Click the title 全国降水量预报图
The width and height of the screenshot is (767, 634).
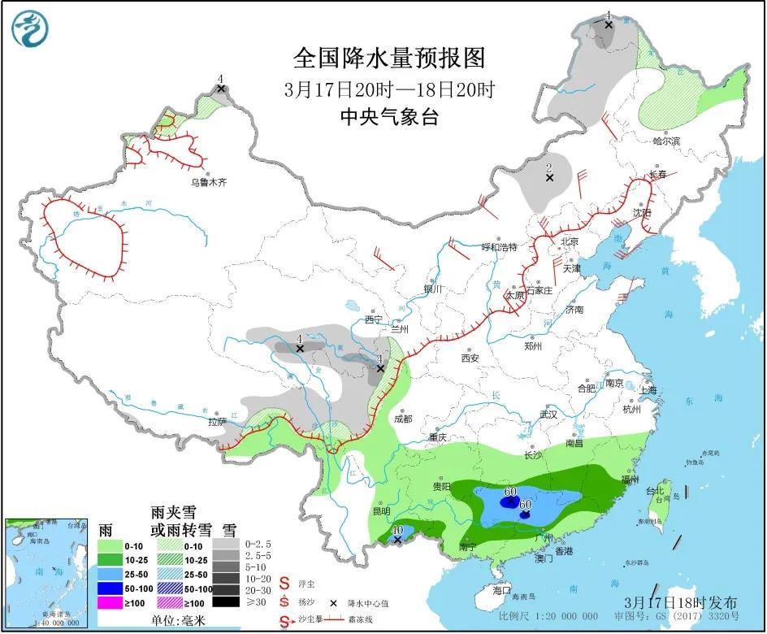click(x=389, y=59)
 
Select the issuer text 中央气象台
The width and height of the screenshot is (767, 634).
click(x=389, y=117)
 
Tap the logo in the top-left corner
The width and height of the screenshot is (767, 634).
click(x=30, y=29)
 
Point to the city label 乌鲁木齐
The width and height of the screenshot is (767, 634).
click(x=209, y=183)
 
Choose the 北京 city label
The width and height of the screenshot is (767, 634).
click(x=569, y=241)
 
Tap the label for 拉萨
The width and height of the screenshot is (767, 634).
click(x=216, y=422)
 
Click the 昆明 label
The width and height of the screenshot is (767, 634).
click(x=380, y=511)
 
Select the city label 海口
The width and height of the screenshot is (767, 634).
click(x=503, y=591)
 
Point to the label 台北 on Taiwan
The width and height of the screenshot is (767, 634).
click(x=655, y=490)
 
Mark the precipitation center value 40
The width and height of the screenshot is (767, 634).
click(x=397, y=530)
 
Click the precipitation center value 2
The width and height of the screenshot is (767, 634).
click(x=549, y=167)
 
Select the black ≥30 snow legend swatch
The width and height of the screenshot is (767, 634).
click(x=228, y=602)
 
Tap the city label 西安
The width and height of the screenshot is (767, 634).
click(x=470, y=358)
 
